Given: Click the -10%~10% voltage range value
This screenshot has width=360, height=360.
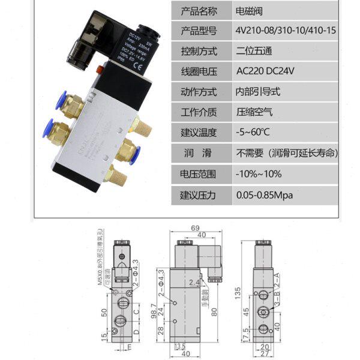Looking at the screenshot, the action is [x=257, y=174].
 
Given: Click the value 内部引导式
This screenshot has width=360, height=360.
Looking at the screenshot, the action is [x=259, y=92].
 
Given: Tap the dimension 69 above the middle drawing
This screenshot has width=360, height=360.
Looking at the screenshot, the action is [x=194, y=228].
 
